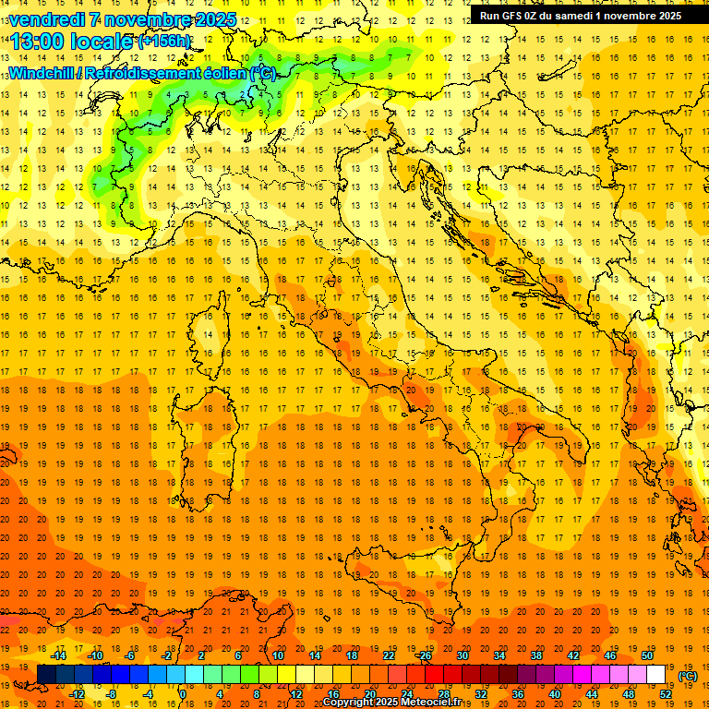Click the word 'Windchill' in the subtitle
coord(43,73)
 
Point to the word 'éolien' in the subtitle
coord(216,73)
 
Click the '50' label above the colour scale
coord(646,655)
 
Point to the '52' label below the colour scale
coord(665,694)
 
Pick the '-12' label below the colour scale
coord(77,694)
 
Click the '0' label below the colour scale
coord(182,694)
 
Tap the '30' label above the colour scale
coord(462,655)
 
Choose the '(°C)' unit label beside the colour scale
coord(687,677)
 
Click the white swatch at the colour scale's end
coord(655,674)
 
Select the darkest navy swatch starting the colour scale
coord(46,674)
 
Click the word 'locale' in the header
coord(101,42)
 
